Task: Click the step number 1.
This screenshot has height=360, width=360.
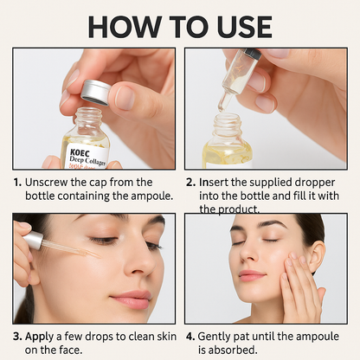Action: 17,183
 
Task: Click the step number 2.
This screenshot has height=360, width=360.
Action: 190,183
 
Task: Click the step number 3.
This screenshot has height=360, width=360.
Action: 17,336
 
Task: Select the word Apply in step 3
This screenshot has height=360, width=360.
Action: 43,336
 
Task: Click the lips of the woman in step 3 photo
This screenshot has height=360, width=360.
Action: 131,299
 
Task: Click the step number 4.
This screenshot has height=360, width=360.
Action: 190,336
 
